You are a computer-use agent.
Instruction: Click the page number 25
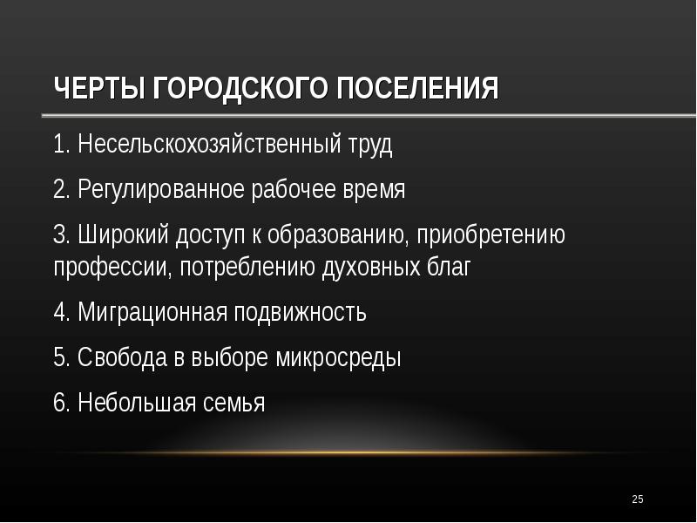click(x=637, y=499)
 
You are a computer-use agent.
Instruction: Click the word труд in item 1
click(x=369, y=145)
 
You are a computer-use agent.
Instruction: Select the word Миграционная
click(x=152, y=312)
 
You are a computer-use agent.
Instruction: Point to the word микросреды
click(x=338, y=357)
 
